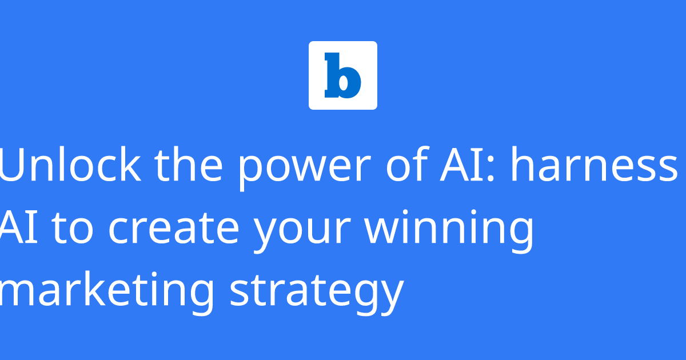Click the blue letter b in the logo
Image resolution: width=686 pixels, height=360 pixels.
[x=342, y=75]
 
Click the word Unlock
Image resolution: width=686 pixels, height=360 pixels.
[x=70, y=165]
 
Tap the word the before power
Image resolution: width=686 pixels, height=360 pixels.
[x=189, y=165]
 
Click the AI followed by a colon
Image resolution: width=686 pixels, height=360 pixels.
[x=456, y=165]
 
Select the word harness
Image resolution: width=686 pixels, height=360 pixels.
[x=594, y=165]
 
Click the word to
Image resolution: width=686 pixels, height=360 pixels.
[x=72, y=229]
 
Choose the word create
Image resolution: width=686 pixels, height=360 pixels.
[x=174, y=229]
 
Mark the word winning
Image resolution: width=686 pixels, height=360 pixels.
[x=449, y=231]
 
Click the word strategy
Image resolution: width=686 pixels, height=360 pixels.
[x=317, y=294]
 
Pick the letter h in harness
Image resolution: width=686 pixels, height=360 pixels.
[x=523, y=165]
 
